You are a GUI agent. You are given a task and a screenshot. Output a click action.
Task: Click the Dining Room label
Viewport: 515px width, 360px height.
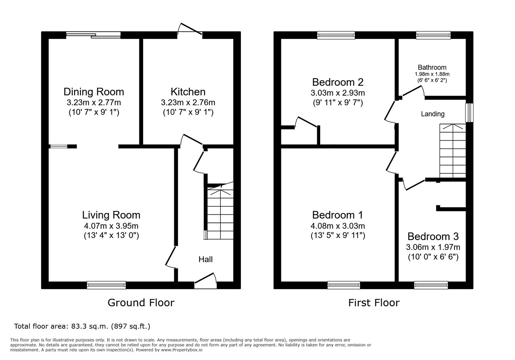pyautogui.click(x=94, y=92)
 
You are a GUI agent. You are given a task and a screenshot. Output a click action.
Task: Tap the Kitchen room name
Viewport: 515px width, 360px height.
pyautogui.click(x=188, y=92)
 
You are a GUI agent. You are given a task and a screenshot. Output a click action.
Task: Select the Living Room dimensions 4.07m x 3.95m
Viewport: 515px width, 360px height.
pyautogui.click(x=111, y=226)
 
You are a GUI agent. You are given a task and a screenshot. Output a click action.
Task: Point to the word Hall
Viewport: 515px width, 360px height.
pyautogui.click(x=205, y=259)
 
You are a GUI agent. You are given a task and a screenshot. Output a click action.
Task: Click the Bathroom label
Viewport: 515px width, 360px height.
pyautogui.click(x=432, y=67)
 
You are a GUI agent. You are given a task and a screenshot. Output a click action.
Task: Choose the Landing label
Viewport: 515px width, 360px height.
pyautogui.click(x=433, y=114)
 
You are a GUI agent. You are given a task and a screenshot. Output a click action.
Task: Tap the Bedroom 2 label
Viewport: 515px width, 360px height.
pyautogui.click(x=338, y=82)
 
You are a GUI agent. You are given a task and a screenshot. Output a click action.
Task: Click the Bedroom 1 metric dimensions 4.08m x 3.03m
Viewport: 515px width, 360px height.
pyautogui.click(x=338, y=226)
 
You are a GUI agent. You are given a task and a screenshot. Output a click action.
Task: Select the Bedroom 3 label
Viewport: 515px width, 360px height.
pyautogui.click(x=433, y=236)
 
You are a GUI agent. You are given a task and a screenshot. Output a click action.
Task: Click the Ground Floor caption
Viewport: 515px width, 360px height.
pyautogui.click(x=141, y=303)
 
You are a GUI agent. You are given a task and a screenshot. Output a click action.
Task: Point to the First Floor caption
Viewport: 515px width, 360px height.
pyautogui.click(x=374, y=303)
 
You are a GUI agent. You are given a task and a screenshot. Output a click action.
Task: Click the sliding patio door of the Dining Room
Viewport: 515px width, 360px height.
pyautogui.click(x=93, y=35)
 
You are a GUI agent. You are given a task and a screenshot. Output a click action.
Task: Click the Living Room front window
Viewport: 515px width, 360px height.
pyautogui.click(x=106, y=285)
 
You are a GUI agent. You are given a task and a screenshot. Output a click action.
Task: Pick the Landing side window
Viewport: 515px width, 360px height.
pyautogui.click(x=470, y=113)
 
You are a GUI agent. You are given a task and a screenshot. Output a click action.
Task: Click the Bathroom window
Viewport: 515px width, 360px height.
pyautogui.click(x=433, y=35)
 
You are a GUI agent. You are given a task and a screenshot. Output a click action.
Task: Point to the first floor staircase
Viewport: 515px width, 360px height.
pyautogui.click(x=453, y=151)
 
